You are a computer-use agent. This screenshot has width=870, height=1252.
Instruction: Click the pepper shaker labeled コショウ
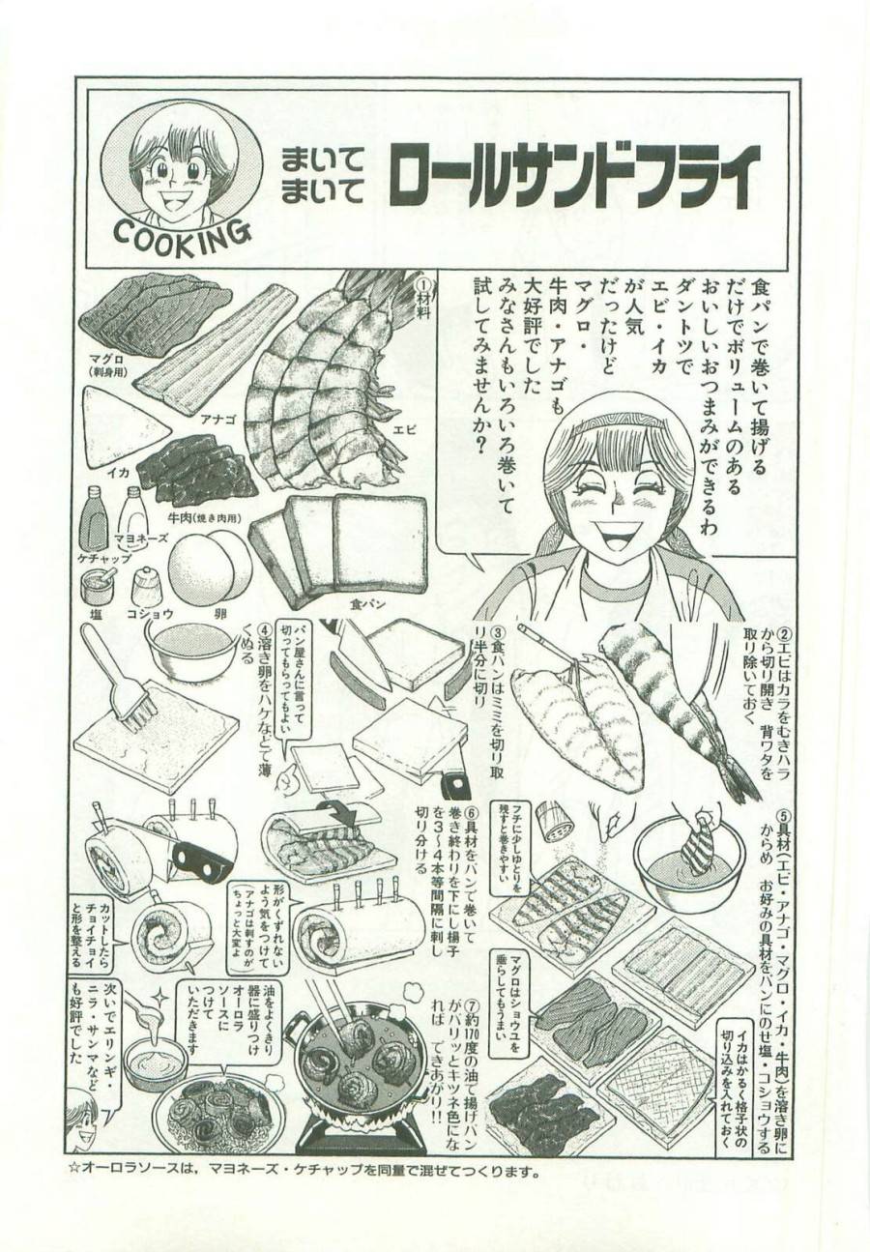click(147, 584)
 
